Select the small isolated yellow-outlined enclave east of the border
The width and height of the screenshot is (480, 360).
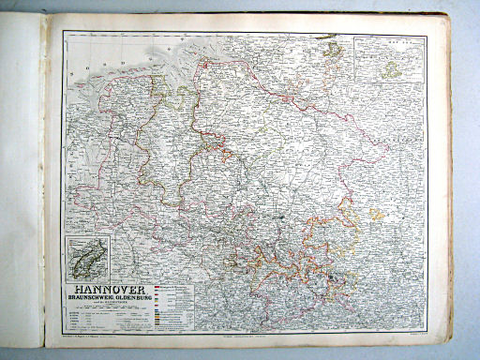(376, 215)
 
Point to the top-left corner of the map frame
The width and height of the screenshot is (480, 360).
(64, 32)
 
